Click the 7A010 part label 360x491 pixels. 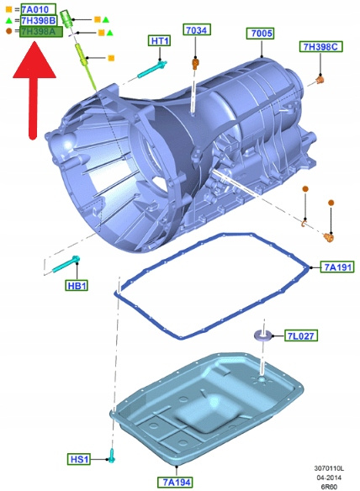[39, 9]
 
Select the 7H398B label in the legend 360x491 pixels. [39, 21]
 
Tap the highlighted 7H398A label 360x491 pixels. [40, 32]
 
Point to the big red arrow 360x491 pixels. [34, 91]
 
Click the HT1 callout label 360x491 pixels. [160, 40]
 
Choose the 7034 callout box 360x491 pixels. [197, 30]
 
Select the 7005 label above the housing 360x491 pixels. [261, 34]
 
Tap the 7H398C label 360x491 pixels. [320, 46]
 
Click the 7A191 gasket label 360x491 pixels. [337, 267]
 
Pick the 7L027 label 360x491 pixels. [300, 336]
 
